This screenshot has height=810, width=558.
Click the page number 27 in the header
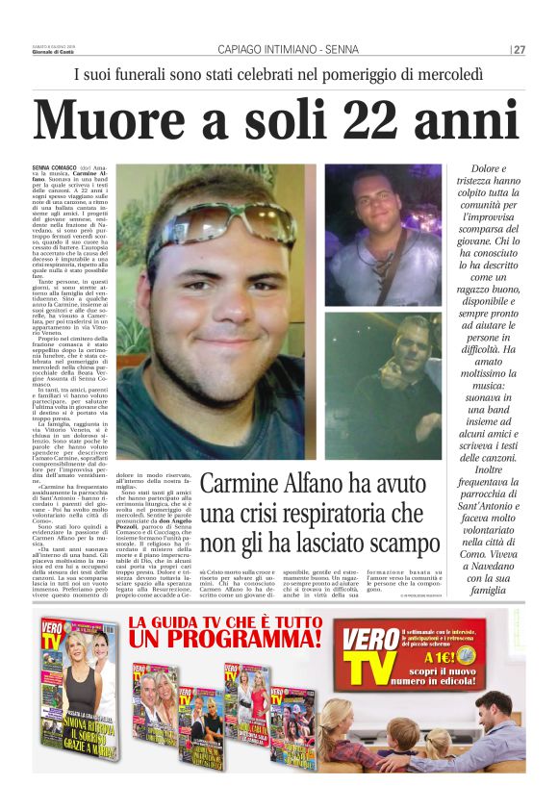point(519,50)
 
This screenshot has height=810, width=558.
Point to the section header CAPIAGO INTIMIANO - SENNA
point(277,50)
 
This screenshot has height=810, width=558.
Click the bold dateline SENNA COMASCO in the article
point(55,167)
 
